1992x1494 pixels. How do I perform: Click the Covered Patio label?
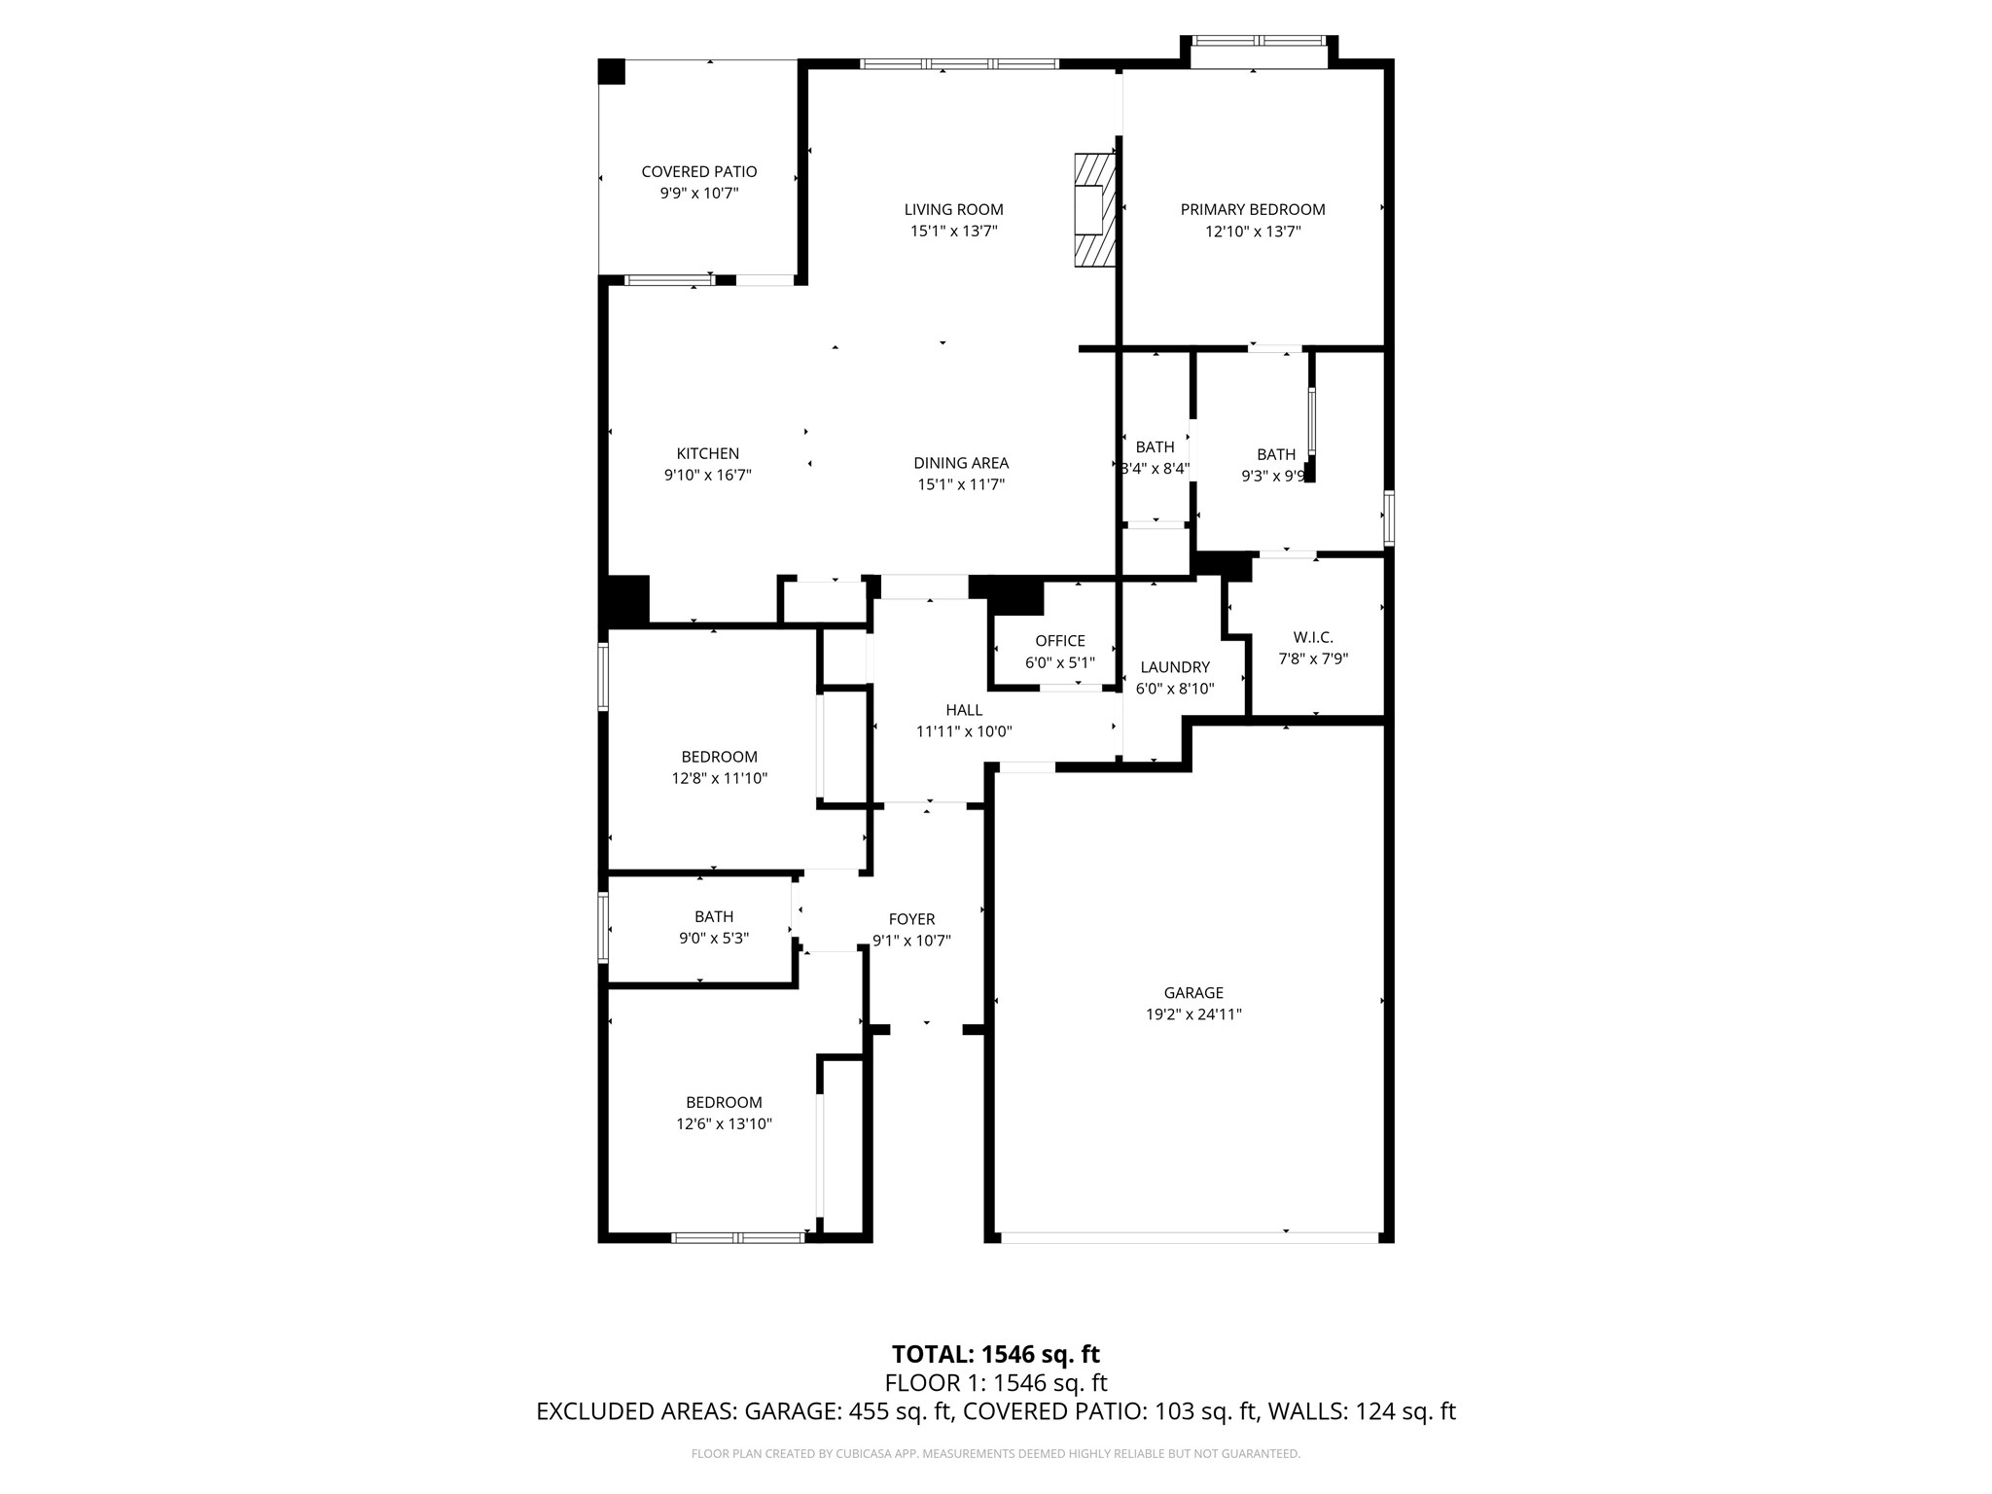(x=698, y=172)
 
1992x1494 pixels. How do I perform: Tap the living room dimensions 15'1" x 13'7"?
(x=953, y=231)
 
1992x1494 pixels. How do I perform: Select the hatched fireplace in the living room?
(x=1093, y=209)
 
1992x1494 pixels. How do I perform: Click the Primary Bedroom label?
(x=1252, y=209)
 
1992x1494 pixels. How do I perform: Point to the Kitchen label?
(x=707, y=453)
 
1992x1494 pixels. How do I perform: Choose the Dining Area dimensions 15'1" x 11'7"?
(x=960, y=484)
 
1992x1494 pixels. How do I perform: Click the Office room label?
(x=1059, y=641)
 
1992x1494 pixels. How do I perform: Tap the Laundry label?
(x=1174, y=667)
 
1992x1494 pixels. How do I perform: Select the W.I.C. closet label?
(x=1312, y=637)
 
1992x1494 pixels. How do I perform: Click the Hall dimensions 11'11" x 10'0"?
(x=963, y=731)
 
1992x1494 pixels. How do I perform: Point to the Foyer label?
(x=911, y=919)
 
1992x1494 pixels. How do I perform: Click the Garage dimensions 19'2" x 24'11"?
(x=1192, y=1014)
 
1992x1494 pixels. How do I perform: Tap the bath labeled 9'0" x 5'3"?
(x=713, y=939)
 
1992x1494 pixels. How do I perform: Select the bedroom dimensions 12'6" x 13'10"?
(x=724, y=1123)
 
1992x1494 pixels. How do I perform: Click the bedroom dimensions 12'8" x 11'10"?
(x=719, y=778)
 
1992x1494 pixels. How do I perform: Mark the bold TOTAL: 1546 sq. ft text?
(x=995, y=1354)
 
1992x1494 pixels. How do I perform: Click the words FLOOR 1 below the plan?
(x=933, y=1383)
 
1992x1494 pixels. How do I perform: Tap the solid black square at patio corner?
(x=611, y=72)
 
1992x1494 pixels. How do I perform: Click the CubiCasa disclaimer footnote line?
(x=995, y=1454)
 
